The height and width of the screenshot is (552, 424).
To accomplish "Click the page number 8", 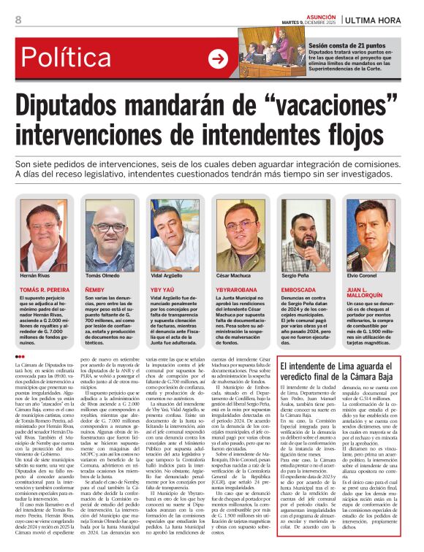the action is [18, 20].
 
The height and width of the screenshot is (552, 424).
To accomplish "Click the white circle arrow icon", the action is [218, 59].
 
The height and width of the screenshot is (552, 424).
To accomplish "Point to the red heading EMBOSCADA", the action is [300, 290].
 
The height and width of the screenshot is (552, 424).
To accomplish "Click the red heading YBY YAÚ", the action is [163, 290].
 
